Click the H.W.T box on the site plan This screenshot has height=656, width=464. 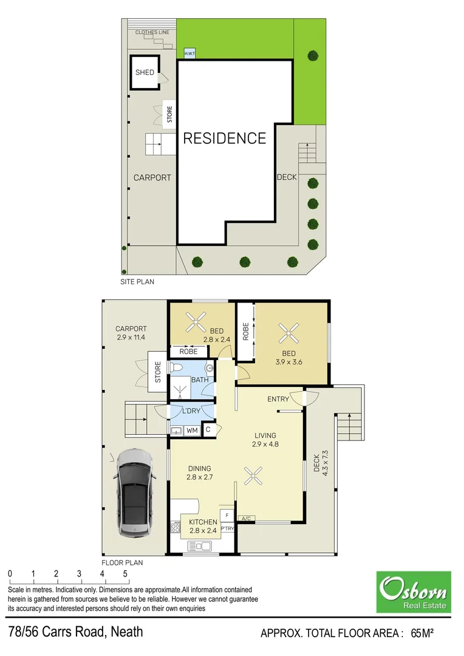click(x=190, y=53)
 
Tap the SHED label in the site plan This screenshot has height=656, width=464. click(x=145, y=73)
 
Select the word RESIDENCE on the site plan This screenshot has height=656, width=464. click(x=225, y=138)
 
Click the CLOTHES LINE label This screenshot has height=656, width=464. click(x=152, y=32)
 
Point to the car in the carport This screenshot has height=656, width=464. click(x=133, y=492)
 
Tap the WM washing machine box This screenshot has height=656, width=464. click(x=192, y=431)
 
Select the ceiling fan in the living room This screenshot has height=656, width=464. click(x=253, y=476)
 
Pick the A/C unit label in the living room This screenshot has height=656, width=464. click(x=247, y=518)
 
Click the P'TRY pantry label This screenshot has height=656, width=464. click(x=227, y=529)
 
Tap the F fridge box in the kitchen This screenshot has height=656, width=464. click(x=227, y=515)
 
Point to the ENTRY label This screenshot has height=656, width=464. click(x=278, y=399)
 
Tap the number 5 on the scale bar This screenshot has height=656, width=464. click(x=126, y=573)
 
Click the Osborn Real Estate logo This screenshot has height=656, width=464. click(x=414, y=592)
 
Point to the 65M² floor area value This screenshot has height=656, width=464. click(x=422, y=634)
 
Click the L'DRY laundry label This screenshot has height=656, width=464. click(x=191, y=411)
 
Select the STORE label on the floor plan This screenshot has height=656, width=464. click(x=158, y=372)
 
